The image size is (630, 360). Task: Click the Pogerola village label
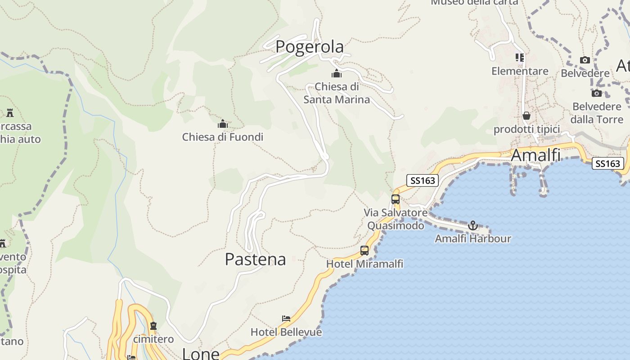pos(310,47)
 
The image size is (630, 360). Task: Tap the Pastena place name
pos(255,260)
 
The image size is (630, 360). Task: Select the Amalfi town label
pos(535,155)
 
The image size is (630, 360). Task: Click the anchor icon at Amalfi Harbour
pos(472,225)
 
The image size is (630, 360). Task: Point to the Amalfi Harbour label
pos(472,238)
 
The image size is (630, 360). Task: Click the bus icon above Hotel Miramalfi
pos(364,251)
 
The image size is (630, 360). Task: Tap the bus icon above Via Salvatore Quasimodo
pos(396,199)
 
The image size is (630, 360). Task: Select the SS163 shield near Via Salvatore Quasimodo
pos(423,180)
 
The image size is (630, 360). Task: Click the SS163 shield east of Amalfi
pos(607,163)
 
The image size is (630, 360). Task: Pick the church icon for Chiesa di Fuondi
pos(222,124)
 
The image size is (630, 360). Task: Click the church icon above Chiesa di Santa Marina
pos(337,73)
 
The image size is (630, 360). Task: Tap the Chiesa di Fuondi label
pos(222,137)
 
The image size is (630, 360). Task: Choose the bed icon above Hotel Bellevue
pos(286,319)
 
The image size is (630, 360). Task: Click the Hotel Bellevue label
pos(286,332)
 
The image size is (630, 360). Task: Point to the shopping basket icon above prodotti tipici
pos(526,116)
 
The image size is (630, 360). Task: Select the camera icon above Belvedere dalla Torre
pos(597,93)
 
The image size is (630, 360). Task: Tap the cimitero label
pos(153,339)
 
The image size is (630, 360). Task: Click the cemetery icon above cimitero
pos(153,325)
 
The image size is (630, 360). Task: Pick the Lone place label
pos(200,354)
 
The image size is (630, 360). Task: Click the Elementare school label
pos(520,71)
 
